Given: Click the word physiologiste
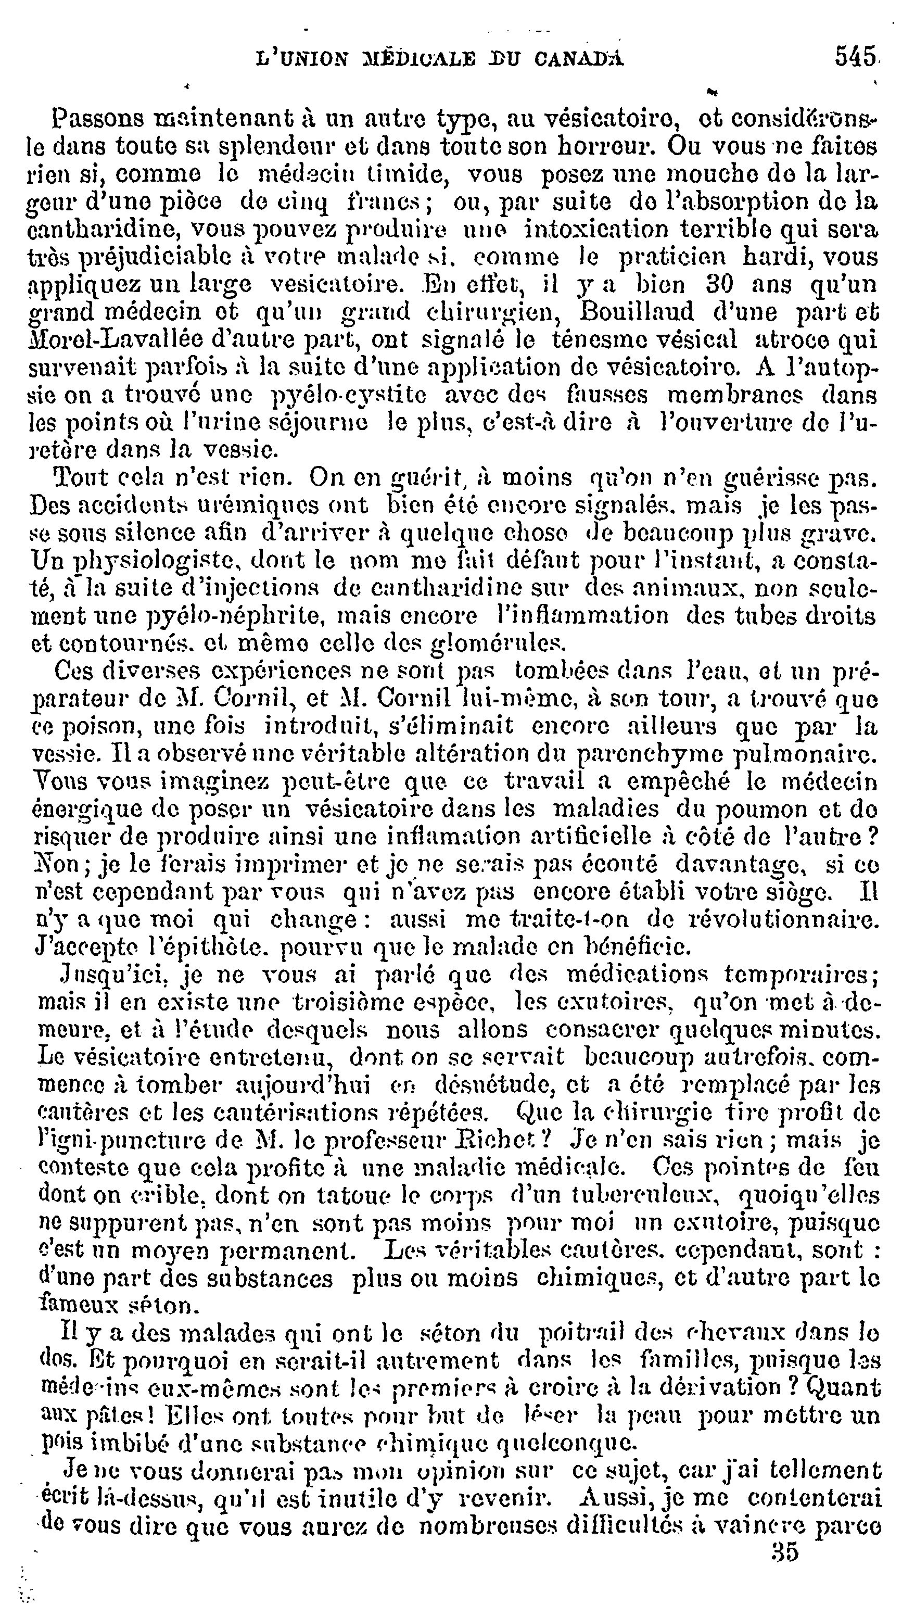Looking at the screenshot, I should tap(137, 562).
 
